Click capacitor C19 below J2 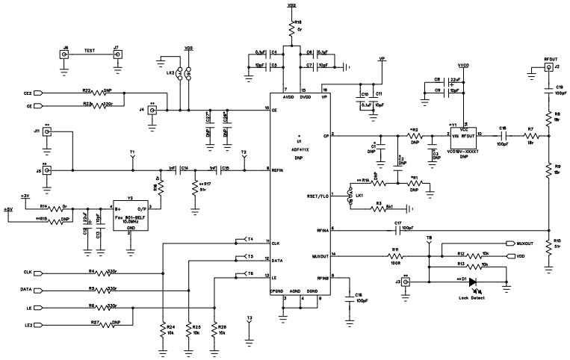pos(548,91)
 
